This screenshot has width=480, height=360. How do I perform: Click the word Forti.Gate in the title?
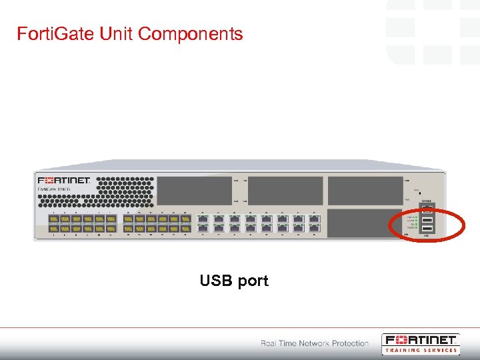pyautogui.click(x=57, y=33)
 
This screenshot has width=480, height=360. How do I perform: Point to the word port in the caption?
pyautogui.click(x=253, y=281)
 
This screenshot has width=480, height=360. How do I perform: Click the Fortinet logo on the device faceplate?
pyautogui.click(x=64, y=181)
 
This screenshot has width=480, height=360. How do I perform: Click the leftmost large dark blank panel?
pyautogui.click(x=194, y=191)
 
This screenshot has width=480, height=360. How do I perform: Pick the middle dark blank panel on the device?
pyautogui.click(x=285, y=191)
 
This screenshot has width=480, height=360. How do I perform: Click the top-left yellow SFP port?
pyautogui.click(x=52, y=219)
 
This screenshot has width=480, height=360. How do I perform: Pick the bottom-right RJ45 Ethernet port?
pyautogui.click(x=314, y=228)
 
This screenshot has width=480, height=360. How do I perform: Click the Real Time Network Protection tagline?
pyautogui.click(x=315, y=343)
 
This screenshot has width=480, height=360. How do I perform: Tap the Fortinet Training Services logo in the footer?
pyautogui.click(x=420, y=343)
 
